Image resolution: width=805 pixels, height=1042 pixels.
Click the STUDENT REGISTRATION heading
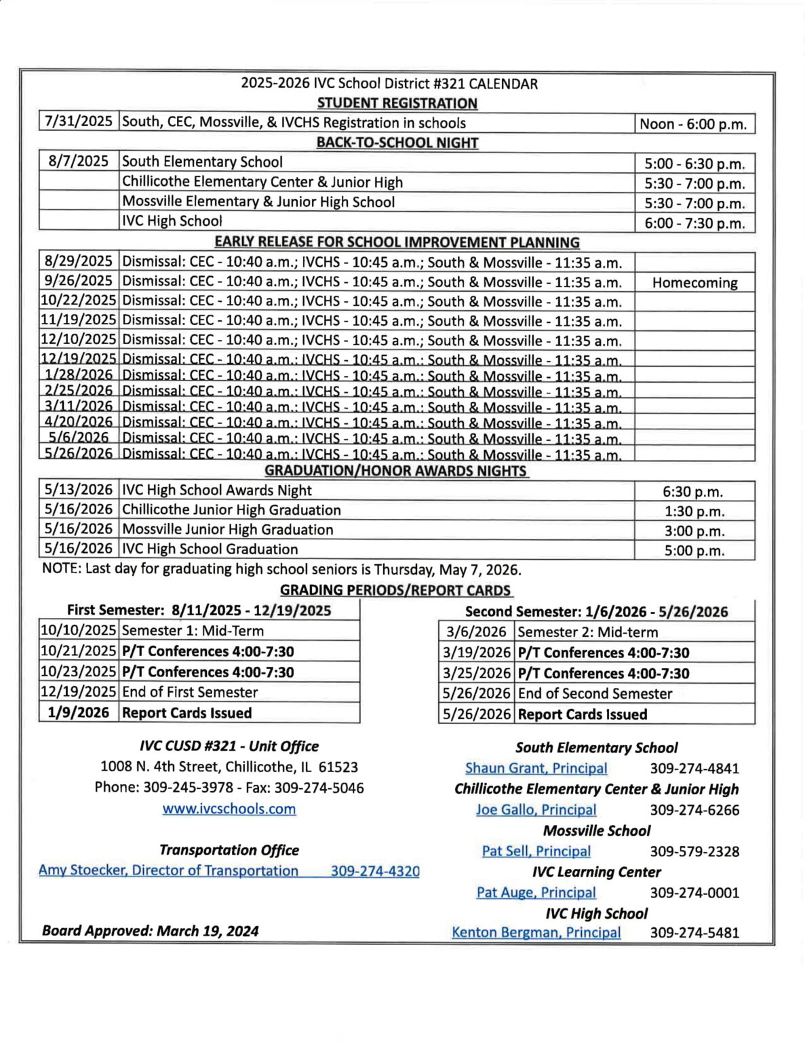pyautogui.click(x=397, y=103)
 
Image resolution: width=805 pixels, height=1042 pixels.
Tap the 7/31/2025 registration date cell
pyautogui.click(x=78, y=122)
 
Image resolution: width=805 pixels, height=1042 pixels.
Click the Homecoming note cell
pyautogui.click(x=694, y=283)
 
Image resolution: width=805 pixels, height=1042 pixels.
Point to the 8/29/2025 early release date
pyautogui.click(x=78, y=262)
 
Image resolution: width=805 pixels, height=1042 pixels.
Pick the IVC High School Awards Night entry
pyautogui.click(x=217, y=490)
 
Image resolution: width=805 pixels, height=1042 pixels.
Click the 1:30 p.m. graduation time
pyautogui.click(x=694, y=512)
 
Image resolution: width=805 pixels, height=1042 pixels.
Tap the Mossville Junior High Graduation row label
pyautogui.click(x=228, y=530)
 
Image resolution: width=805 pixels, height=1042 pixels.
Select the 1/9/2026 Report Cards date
pyautogui.click(x=78, y=712)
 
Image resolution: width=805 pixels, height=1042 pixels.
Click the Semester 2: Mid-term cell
pyautogui.click(x=588, y=632)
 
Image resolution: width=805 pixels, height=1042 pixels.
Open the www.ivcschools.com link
pyautogui.click(x=229, y=809)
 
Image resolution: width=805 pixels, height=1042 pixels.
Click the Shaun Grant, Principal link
pyautogui.click(x=536, y=768)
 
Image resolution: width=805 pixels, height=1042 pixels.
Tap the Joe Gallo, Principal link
pyautogui.click(x=536, y=809)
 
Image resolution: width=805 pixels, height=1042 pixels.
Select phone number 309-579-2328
pyautogui.click(x=694, y=851)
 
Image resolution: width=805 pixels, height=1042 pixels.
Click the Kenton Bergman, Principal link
pyautogui.click(x=536, y=933)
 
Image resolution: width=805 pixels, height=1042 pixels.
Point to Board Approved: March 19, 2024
pyautogui.click(x=150, y=931)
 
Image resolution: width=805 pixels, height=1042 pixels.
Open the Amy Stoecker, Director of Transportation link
pyautogui.click(x=168, y=870)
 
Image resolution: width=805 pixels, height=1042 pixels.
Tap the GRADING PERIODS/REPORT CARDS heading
pyautogui.click(x=395, y=590)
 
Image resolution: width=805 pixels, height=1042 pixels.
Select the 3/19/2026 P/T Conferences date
pyautogui.click(x=476, y=653)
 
